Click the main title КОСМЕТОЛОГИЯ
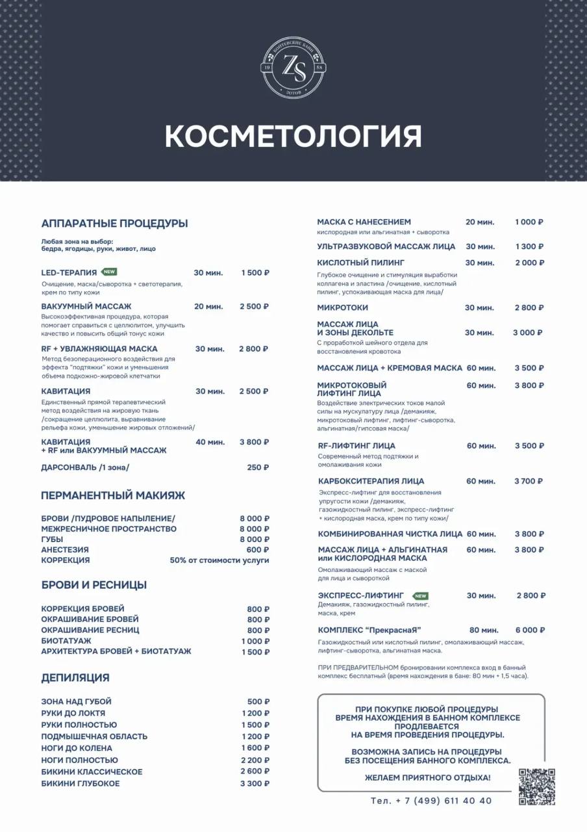(x=293, y=136)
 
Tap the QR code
(x=537, y=786)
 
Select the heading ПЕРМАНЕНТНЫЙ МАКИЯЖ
(x=113, y=495)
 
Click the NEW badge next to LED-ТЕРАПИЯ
(x=109, y=272)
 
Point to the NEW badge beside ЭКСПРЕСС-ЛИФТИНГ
(x=421, y=595)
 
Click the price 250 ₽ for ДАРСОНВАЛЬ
(x=258, y=467)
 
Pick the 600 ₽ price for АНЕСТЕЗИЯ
(x=258, y=549)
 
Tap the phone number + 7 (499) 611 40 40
(x=431, y=801)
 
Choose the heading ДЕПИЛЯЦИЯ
(x=75, y=678)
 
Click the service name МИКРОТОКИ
(x=343, y=307)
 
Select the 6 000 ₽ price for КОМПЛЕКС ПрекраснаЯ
(x=530, y=630)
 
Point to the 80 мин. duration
(x=484, y=630)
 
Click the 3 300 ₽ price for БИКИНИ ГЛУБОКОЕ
(x=255, y=783)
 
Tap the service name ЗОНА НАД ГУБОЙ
(x=77, y=701)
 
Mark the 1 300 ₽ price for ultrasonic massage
(x=530, y=246)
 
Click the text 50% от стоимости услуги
(x=219, y=560)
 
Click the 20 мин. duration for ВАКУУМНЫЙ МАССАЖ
(x=208, y=306)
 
